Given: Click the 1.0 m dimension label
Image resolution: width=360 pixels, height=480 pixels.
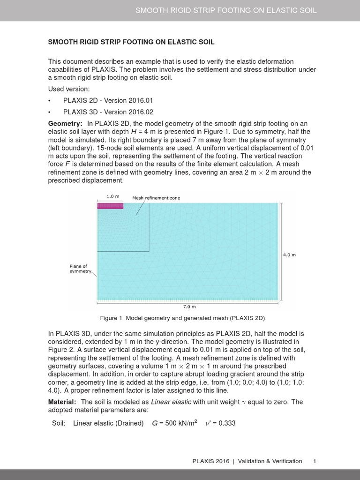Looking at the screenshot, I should point(110,196).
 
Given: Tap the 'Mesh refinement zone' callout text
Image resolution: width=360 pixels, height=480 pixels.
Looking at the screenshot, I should point(156,198).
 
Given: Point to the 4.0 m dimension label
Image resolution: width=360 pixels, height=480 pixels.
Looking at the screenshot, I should point(289,255).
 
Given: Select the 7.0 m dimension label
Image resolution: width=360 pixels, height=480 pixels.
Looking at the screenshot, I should point(189,307).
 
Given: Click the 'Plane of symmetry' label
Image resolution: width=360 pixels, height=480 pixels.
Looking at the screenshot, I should point(79,269).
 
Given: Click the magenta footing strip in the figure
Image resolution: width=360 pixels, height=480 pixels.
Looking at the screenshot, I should point(110,205).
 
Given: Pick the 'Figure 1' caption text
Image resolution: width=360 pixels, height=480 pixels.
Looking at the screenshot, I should point(182,318).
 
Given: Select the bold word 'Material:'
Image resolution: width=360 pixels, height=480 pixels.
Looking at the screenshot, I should point(62,402).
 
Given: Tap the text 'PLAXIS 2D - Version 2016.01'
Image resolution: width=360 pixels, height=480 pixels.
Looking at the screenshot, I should point(108,100).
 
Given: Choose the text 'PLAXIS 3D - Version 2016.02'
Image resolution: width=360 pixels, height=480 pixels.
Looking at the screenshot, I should point(108,112).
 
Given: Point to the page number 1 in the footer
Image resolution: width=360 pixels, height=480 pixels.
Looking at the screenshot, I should point(315,461).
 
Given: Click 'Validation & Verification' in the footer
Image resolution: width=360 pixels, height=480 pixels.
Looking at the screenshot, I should point(270,461).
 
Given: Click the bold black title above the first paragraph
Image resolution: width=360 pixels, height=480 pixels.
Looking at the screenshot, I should point(131,42).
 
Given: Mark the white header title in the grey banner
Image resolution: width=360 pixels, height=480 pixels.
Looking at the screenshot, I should point(225,10).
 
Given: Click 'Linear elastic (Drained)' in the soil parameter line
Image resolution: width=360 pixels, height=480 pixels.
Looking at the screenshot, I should point(108,423).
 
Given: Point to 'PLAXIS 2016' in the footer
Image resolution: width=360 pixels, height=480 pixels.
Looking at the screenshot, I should point(211,461).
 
